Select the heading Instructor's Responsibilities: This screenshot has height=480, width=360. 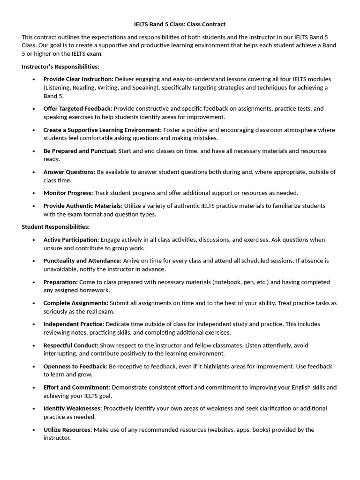60,67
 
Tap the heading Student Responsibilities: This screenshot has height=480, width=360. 55,227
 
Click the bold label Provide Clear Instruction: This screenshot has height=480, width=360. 78,79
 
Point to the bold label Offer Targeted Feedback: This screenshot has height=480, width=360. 78,109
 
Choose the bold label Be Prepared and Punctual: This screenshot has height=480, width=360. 80,151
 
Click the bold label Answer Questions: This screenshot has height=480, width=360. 69,172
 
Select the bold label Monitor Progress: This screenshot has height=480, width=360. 68,193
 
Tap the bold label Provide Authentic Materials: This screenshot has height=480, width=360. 83,206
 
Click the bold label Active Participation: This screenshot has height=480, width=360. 71,240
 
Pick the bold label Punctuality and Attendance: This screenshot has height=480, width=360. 82,261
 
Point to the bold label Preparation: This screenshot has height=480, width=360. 60,282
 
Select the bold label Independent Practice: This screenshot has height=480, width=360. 74,324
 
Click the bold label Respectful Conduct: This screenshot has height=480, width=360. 71,345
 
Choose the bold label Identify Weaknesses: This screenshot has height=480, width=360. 73,408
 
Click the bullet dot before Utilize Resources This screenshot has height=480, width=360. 34,430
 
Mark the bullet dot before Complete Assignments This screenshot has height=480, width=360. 34,303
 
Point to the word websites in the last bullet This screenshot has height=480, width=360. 205,429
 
